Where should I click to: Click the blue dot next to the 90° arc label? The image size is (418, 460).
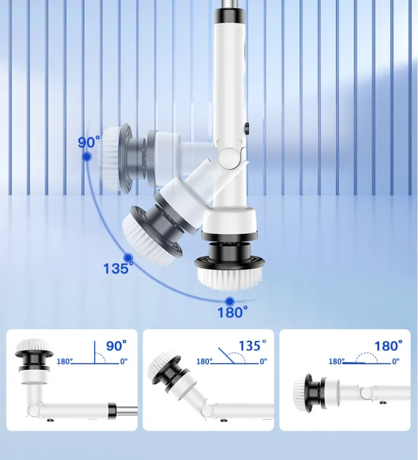point(87,156)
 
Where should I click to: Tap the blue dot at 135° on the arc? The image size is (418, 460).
point(127,258)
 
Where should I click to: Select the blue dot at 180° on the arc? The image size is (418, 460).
point(229,301)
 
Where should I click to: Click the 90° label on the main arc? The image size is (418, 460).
point(89,143)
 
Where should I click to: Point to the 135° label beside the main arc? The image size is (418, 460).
point(118,269)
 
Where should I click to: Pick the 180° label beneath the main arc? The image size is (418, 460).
point(233,313)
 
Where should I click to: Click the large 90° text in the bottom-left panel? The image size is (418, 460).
point(117,346)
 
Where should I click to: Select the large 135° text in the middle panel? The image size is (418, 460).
point(252,346)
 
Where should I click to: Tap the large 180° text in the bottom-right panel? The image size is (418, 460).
point(388,346)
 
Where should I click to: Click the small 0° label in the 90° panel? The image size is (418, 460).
point(123,361)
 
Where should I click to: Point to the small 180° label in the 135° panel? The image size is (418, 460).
point(203,361)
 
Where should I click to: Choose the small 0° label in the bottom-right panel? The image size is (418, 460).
point(396,361)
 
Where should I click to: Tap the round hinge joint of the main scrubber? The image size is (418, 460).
point(230,156)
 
